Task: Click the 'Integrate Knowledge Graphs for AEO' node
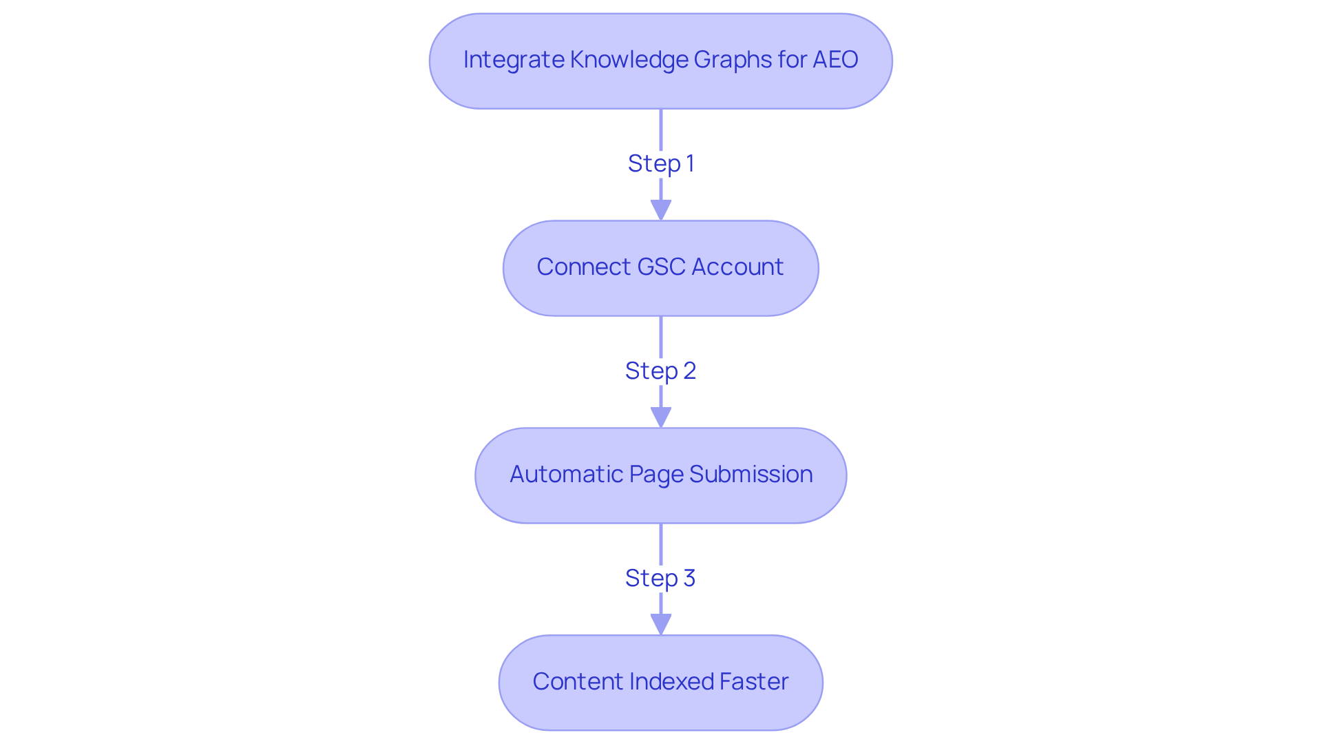[660, 61]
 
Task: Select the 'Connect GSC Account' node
[660, 267]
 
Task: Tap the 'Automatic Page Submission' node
[660, 475]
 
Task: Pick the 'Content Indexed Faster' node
[660, 682]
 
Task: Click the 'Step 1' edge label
[660, 164]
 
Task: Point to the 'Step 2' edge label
[660, 371]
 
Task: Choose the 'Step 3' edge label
[660, 579]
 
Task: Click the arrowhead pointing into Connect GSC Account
[660, 211]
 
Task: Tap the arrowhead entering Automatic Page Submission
[660, 418]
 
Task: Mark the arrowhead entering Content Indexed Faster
[660, 625]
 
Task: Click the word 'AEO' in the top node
[835, 60]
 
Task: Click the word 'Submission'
[751, 475]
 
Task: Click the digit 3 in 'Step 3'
[689, 579]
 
